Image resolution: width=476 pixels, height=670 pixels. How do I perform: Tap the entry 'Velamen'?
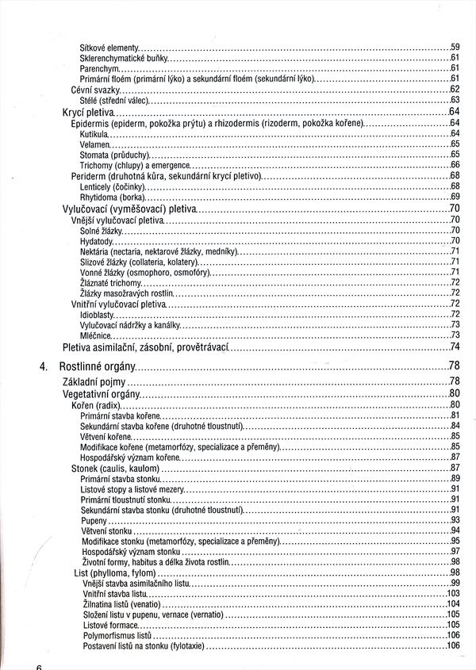point(94,144)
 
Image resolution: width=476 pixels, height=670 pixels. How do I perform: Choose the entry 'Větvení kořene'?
point(106,437)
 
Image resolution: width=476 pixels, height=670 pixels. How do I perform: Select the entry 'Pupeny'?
point(93,520)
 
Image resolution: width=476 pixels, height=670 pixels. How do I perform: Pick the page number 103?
point(454,593)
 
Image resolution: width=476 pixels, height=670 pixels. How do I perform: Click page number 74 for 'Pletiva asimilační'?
point(455,347)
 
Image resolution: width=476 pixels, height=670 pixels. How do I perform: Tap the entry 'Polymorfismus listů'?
point(117,635)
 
